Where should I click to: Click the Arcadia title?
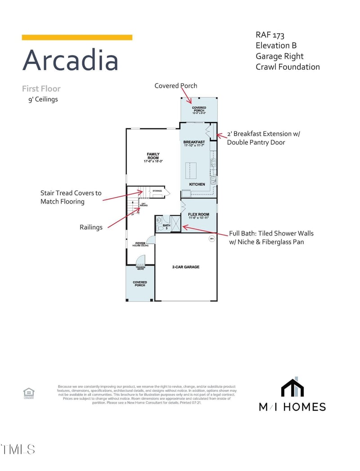tap(70, 60)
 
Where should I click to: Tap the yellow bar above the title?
tap(77, 37)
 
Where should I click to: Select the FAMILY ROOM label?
tap(153, 157)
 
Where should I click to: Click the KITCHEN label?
tap(197, 184)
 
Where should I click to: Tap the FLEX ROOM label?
tap(198, 215)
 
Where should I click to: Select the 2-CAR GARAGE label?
tap(186, 267)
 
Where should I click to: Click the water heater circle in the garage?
tap(211, 239)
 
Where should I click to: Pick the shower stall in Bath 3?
tap(175, 224)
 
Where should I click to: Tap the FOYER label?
tap(140, 244)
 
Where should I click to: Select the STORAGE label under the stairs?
tap(157, 191)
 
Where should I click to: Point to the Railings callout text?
tap(91, 227)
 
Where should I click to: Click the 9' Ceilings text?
tap(43, 99)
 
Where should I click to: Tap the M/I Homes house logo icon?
tap(292, 388)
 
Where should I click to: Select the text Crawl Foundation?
tap(288, 67)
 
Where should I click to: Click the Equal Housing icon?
tap(29, 392)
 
